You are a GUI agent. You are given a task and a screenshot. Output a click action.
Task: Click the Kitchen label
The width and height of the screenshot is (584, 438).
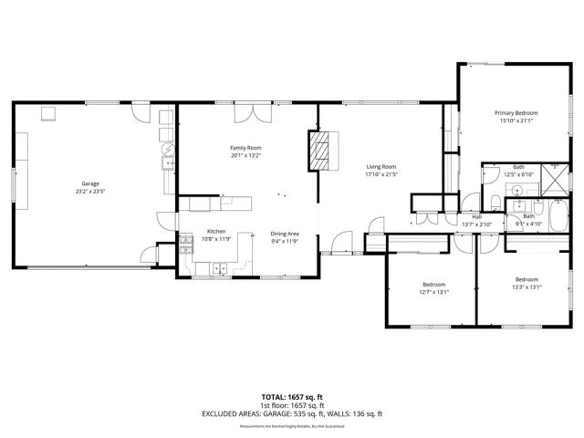click(216, 232)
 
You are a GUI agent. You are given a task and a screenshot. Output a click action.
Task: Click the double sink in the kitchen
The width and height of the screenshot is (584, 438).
click(218, 267)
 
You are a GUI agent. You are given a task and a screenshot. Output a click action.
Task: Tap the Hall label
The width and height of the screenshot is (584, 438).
click(476, 216)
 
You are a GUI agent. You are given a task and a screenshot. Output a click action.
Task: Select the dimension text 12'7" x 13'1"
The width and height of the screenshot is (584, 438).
click(434, 291)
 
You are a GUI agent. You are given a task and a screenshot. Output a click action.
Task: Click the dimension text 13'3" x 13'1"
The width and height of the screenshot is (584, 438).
click(527, 287)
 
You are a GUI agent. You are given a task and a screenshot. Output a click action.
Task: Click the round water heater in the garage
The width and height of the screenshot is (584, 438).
click(167, 148)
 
